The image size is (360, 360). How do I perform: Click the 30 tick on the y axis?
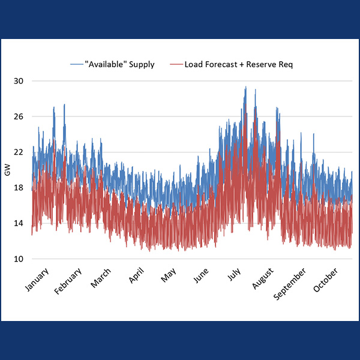(19, 81)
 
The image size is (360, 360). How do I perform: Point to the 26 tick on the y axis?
(19, 116)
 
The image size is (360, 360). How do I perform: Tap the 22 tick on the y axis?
(19, 152)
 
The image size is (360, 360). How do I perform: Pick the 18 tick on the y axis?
(19, 188)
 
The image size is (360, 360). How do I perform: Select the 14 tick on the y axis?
(19, 223)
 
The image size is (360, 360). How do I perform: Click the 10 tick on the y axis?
(19, 259)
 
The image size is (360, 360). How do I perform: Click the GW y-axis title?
(7, 171)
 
